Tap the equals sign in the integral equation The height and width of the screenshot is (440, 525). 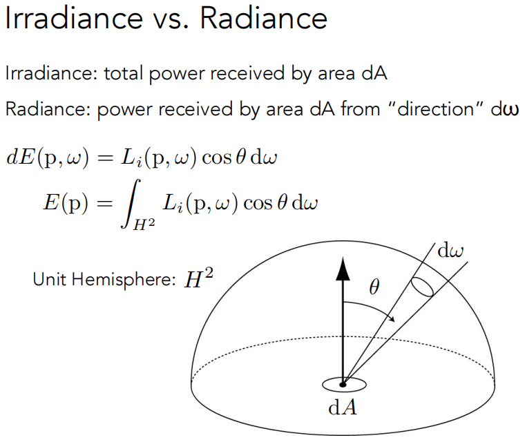(x=104, y=203)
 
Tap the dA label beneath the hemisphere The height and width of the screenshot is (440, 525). (x=343, y=407)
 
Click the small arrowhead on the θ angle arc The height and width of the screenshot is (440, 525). (x=393, y=319)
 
